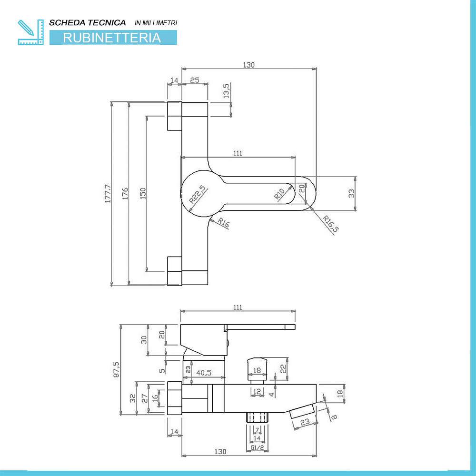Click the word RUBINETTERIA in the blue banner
click(x=112, y=38)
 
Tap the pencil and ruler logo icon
click(x=30, y=32)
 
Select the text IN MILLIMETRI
click(x=156, y=23)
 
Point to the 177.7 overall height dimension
click(x=108, y=194)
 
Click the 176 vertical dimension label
click(x=126, y=194)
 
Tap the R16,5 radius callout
click(x=330, y=224)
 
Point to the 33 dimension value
click(x=351, y=193)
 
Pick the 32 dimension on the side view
click(x=133, y=398)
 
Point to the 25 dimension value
click(x=195, y=81)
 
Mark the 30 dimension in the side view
click(x=144, y=339)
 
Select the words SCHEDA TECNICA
click(x=88, y=22)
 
